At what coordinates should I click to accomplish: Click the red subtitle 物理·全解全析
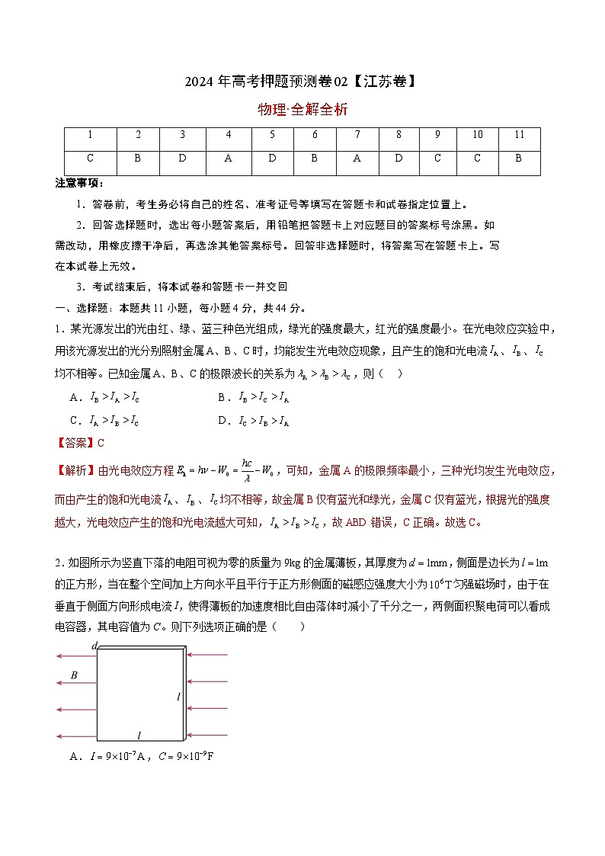[302, 109]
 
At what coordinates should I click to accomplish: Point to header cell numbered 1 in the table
[91, 135]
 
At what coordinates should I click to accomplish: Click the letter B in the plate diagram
[74, 675]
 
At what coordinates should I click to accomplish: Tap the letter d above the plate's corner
[94, 646]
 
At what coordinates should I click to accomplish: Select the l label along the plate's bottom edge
[139, 736]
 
